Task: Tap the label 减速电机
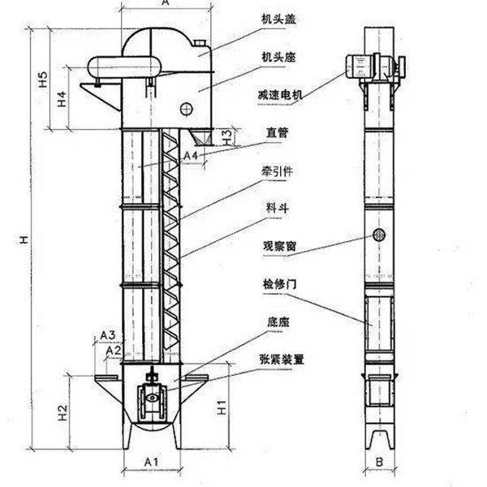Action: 285,97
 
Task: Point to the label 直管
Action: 277,131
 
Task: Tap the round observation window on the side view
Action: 378,235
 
